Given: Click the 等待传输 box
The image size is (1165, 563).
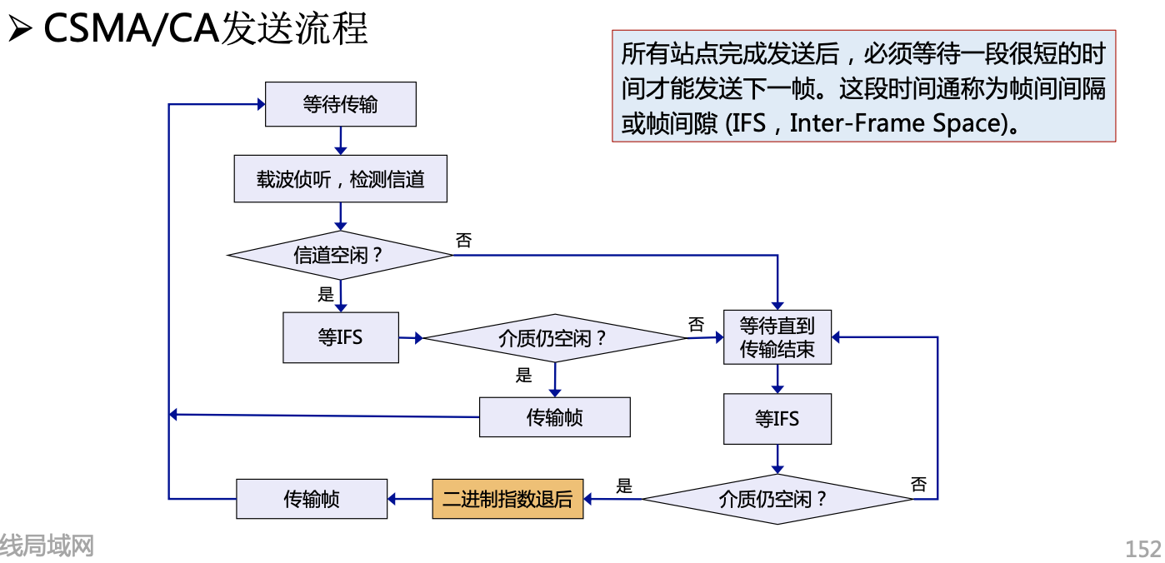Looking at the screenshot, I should [340, 104].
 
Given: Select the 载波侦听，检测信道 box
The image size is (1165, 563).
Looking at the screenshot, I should [340, 179].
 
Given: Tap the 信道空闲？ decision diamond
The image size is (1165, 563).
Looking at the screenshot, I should [340, 255].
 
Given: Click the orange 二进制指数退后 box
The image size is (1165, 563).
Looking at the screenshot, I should [507, 500].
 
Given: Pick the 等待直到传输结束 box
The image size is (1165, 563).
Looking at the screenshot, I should [777, 337].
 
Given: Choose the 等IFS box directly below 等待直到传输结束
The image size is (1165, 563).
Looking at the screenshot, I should [777, 418].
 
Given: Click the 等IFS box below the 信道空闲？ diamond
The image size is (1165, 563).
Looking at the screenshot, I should [340, 337].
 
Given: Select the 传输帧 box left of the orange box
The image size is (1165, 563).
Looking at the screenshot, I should [312, 500].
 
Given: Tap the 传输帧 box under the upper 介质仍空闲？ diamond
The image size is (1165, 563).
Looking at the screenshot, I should [554, 417].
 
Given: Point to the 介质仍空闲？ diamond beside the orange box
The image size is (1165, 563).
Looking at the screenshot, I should [777, 500].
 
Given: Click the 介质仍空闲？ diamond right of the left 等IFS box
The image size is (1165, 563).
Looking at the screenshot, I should [554, 338].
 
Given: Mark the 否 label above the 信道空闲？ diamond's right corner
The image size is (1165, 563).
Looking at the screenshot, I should [463, 241].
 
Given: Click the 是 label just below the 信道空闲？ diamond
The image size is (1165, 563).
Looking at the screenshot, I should [326, 294].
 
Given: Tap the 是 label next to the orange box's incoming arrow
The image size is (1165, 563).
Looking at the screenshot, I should [624, 486].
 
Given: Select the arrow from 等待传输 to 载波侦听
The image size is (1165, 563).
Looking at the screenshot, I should [340, 141].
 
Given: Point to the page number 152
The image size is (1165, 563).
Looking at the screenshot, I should [1142, 549].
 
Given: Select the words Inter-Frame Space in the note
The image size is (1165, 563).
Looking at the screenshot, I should [894, 123].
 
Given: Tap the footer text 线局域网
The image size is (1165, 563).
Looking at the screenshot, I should [47, 546].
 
